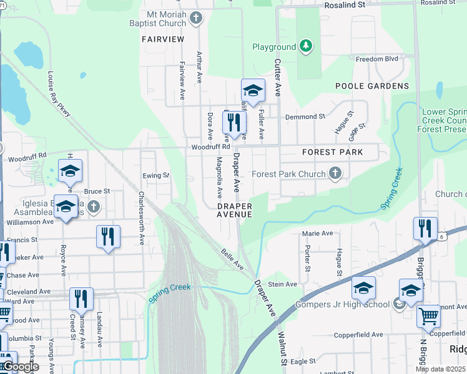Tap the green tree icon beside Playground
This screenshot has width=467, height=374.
click(305, 46)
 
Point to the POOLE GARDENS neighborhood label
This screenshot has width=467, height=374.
click(372, 86)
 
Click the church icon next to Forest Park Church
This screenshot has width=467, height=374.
click(336, 174)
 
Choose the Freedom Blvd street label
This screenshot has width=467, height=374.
click(376, 60)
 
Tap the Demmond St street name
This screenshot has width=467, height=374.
click(305, 117)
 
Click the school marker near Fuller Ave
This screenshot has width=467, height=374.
click(253, 92)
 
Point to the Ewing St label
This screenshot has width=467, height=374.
click(156, 176)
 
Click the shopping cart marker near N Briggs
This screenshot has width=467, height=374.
click(428, 317)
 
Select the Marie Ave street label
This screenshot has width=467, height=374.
click(317, 233)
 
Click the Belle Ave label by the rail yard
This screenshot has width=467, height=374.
click(232, 259)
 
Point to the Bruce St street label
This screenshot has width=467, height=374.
click(97, 191)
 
